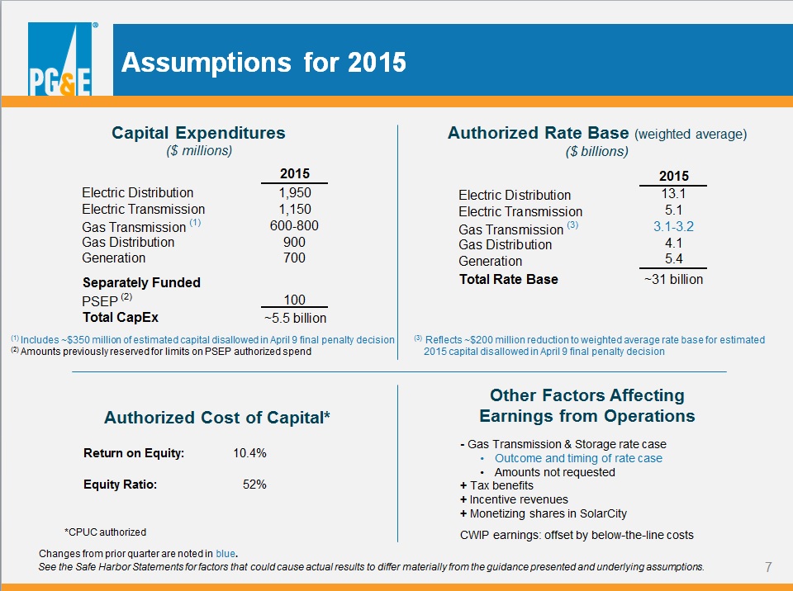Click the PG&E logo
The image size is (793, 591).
(60, 59)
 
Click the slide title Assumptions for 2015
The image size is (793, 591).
(264, 63)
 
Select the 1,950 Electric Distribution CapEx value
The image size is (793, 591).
(294, 192)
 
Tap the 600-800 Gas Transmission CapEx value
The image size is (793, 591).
(294, 225)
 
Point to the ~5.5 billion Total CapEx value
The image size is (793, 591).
(296, 318)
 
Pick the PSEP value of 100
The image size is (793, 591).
(294, 300)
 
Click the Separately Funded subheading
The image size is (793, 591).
(141, 282)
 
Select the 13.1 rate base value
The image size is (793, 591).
(673, 194)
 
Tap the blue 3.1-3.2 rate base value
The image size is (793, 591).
(673, 226)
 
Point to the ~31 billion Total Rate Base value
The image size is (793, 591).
(673, 279)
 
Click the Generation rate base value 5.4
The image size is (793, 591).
(674, 259)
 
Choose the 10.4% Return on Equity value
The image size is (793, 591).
(249, 453)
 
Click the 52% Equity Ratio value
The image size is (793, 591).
(254, 485)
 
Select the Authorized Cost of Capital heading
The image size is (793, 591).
(217, 418)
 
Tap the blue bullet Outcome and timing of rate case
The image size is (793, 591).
(578, 458)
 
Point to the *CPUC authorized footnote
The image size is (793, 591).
(105, 532)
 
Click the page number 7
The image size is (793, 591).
(768, 567)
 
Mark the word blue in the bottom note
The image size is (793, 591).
(225, 554)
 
